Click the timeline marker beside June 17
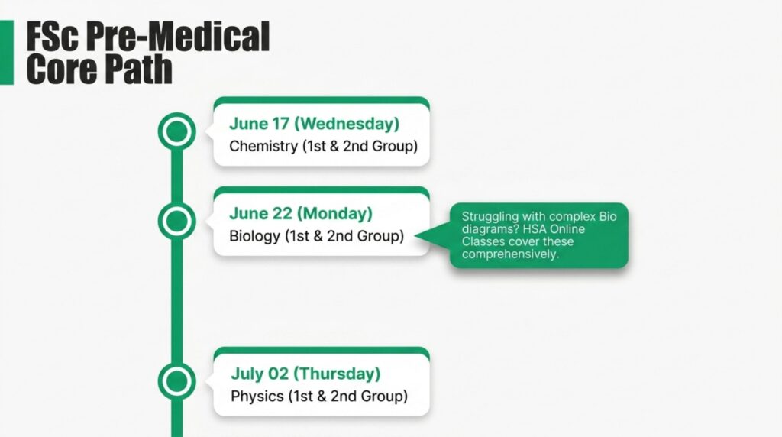176,131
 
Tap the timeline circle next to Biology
176,221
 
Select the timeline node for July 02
176,381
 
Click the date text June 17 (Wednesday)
314,123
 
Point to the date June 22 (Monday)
301,213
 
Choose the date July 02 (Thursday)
305,374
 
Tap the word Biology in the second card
254,236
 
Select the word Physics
257,396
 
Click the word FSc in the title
53,37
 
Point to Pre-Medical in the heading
177,37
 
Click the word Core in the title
62,69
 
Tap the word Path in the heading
138,69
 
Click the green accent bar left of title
6,53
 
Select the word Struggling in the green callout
490,217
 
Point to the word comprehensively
510,254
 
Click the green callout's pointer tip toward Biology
415,235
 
